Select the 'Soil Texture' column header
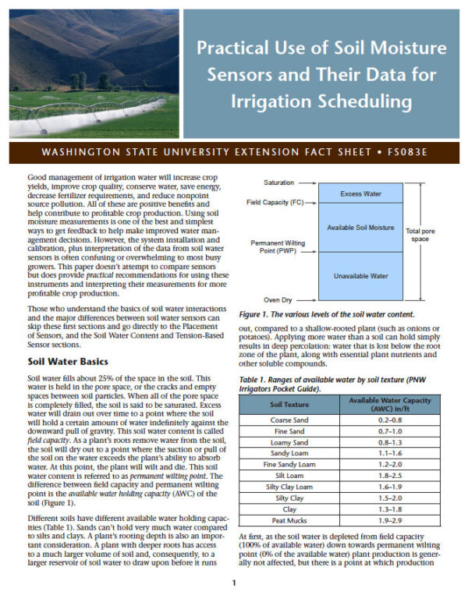[289, 405]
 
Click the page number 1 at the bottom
[233, 583]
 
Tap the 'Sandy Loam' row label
[289, 452]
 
